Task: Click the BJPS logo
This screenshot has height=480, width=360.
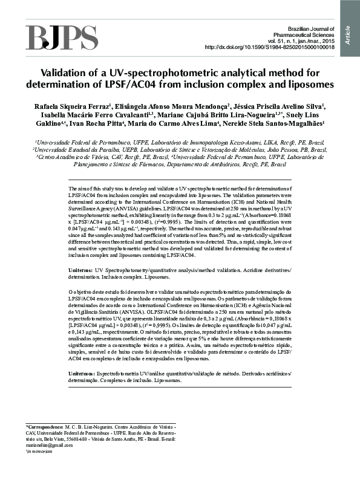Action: pos(61,37)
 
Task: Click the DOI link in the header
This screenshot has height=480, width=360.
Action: pos(270,47)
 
